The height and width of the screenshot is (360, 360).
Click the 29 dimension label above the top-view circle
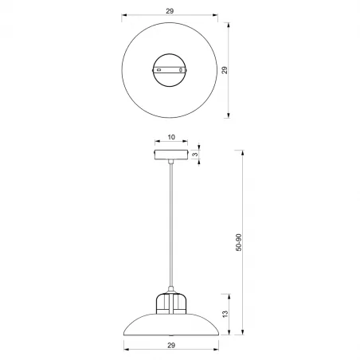(171, 11)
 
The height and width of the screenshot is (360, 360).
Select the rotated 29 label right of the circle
(225, 71)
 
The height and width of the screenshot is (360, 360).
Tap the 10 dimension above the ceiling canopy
(171, 137)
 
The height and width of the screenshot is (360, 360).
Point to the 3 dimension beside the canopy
(195, 155)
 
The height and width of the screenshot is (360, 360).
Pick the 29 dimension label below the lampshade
(171, 345)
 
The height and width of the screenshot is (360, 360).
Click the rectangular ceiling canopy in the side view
(171, 155)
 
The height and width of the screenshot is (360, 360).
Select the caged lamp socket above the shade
(171, 300)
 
